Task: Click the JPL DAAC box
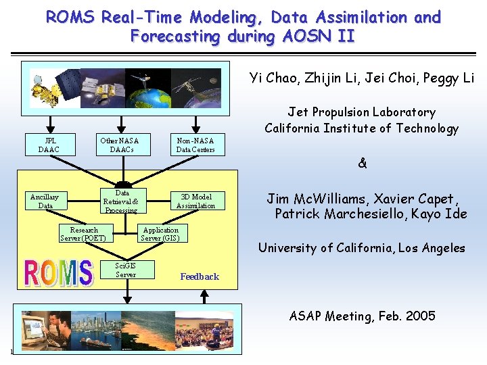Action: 49,145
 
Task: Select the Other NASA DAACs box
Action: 120,145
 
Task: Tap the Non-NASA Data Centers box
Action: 195,145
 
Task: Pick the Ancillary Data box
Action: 45,201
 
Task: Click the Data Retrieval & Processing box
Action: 121,201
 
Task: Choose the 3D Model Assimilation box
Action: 195,201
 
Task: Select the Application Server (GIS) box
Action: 160,234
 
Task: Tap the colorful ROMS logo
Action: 58,272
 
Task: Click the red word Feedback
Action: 200,276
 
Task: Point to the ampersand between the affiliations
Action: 362,164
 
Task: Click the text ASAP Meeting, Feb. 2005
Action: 362,316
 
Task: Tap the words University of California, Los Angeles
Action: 362,248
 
